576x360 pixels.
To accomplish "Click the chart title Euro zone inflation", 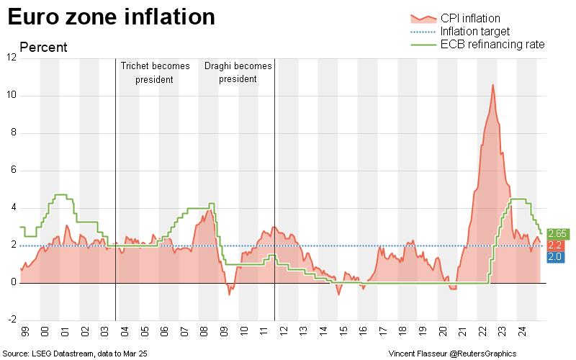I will (111, 17).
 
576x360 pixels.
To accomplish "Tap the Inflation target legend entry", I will (475, 32).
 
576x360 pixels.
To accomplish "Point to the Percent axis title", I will (43, 48).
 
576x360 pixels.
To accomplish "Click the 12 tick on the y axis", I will (12, 58).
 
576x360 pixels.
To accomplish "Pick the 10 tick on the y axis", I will (12, 96).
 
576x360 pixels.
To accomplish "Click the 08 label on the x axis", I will (204, 333).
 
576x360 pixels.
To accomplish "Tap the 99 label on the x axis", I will (26, 333).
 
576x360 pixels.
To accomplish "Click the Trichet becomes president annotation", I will (155, 72).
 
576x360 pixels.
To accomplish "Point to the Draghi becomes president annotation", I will (238, 72).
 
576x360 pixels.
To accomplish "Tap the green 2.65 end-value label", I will (556, 233).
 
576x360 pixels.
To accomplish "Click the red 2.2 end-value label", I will (556, 246).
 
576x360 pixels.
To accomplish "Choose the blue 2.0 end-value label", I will (556, 257).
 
